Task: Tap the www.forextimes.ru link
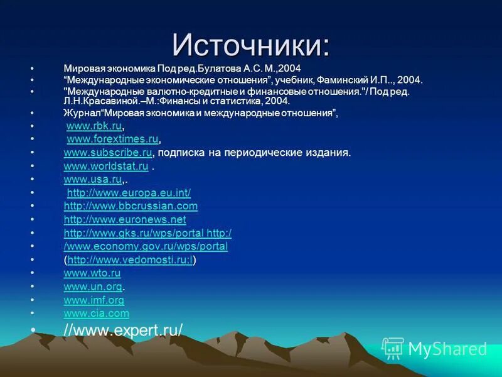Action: click(x=112, y=139)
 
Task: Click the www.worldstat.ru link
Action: click(x=106, y=167)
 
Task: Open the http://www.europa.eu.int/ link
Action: click(x=129, y=193)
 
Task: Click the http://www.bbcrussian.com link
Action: click(x=131, y=206)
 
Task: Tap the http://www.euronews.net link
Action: click(x=125, y=220)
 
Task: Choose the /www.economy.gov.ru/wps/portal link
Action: click(x=146, y=246)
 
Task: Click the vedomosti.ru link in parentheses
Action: click(x=130, y=260)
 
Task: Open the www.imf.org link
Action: click(x=94, y=300)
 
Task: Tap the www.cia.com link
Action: click(x=97, y=313)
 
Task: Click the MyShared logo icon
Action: click(x=393, y=348)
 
